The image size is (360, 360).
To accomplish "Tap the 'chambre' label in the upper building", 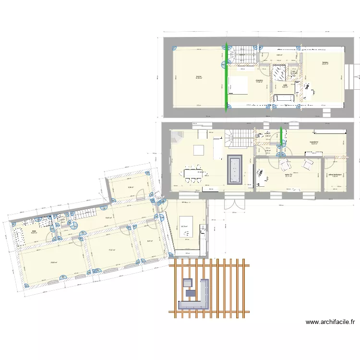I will click(259, 80).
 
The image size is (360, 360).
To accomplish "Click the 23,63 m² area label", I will click(53, 263).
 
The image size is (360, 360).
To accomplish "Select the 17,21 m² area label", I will click(111, 250).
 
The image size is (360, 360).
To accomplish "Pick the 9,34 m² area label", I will click(130, 187).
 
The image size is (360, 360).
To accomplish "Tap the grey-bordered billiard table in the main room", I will click(235, 168).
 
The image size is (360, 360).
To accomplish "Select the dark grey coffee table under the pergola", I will click(191, 292).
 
